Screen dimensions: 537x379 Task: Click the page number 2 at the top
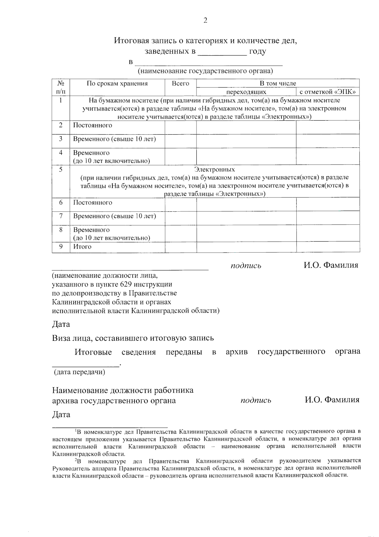tap(205, 21)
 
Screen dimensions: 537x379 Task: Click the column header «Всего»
tap(180, 84)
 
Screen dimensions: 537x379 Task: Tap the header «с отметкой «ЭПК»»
tap(328, 92)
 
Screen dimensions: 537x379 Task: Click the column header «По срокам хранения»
tap(117, 84)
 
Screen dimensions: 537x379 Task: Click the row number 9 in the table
tap(61, 246)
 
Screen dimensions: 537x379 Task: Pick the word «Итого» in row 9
tap(82, 247)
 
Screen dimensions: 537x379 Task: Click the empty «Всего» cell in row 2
tap(180, 127)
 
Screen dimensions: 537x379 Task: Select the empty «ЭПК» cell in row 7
tap(328, 218)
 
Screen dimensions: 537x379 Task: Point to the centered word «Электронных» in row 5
tap(214, 170)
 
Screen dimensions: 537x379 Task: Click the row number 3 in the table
tap(61, 139)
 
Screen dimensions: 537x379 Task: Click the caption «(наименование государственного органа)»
tap(205, 71)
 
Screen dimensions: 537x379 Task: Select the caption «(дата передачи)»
tap(80, 372)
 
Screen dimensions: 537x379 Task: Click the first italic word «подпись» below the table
tap(246, 266)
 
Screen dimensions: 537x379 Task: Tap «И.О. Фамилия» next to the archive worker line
tap(332, 400)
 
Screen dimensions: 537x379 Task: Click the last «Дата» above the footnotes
tap(61, 414)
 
